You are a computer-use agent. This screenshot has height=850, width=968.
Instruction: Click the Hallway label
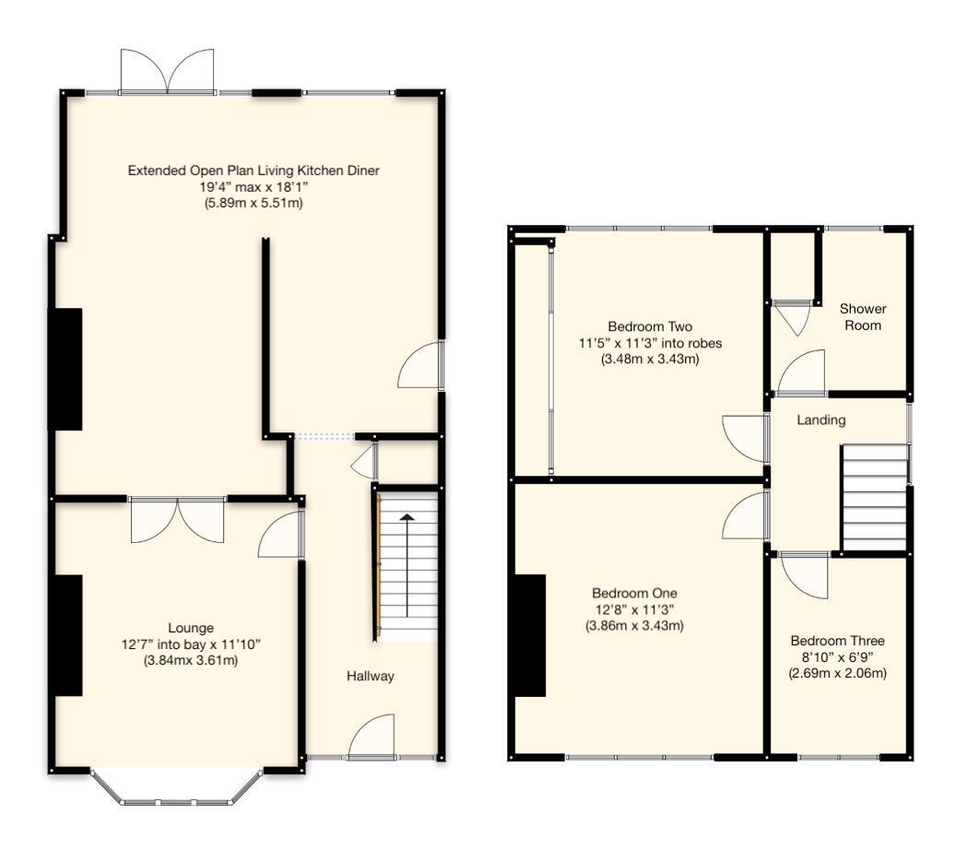coord(370,676)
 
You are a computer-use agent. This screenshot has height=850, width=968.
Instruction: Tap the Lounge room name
coord(191,628)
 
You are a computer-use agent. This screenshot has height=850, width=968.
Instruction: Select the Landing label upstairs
coord(820,420)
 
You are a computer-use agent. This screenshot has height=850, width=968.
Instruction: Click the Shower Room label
coord(863,317)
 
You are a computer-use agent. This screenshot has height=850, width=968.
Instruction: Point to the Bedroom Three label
coord(837,641)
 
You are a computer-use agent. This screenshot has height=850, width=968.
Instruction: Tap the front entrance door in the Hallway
coord(372,738)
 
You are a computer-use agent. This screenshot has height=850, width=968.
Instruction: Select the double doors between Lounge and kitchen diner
coord(178,519)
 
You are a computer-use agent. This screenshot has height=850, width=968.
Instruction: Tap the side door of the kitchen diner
coord(420,366)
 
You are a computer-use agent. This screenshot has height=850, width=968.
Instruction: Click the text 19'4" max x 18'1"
coord(254,187)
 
